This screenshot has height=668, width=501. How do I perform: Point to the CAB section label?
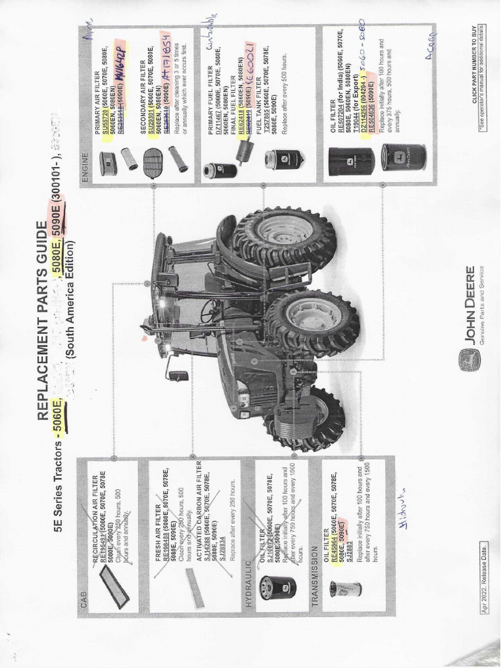[83, 606]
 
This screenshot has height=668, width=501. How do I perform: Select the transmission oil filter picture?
[345, 588]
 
